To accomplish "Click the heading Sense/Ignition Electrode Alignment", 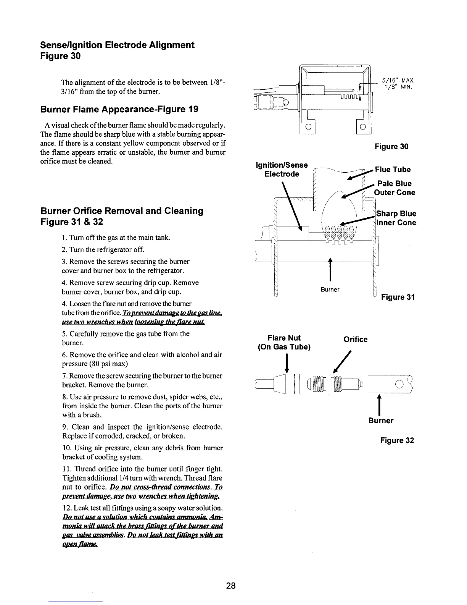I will (x=117, y=45).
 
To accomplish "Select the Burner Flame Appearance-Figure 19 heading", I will (x=119, y=110).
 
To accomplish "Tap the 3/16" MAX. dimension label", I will (x=398, y=81).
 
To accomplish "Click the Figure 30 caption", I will (x=391, y=147).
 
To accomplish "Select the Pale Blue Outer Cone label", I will (x=395, y=188).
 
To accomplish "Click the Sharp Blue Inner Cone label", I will (x=396, y=218).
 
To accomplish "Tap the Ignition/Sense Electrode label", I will (x=282, y=170).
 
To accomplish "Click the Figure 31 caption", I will (x=397, y=297).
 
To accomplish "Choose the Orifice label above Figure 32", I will (x=356, y=340).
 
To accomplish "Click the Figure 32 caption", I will (x=397, y=440).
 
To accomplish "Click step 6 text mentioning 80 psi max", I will (x=142, y=359).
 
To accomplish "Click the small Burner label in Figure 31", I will (x=330, y=290).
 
